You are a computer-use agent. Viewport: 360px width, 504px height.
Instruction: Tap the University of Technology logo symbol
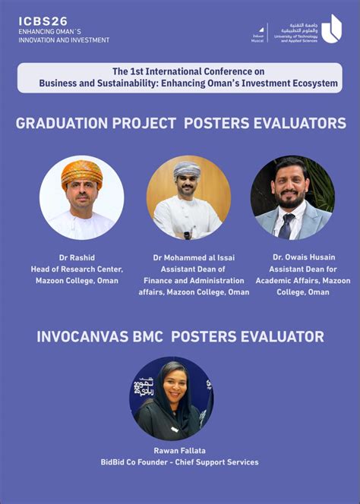pyautogui.click(x=331, y=29)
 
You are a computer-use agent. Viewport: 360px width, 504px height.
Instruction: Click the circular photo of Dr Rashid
pyautogui.click(x=81, y=198)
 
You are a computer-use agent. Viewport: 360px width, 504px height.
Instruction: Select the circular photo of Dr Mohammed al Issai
pyautogui.click(x=188, y=197)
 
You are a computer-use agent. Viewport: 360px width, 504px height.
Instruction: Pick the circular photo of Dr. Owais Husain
pyautogui.click(x=292, y=198)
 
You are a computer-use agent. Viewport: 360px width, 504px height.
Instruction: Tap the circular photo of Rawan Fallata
pyautogui.click(x=172, y=398)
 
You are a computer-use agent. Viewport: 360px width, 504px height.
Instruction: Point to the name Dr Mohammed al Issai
pyautogui.click(x=194, y=257)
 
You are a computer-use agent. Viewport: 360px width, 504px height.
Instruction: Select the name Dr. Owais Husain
pyautogui.click(x=303, y=257)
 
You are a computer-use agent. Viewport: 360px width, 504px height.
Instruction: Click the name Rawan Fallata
pyautogui.click(x=179, y=451)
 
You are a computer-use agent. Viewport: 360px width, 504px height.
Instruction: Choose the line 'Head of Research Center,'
pyautogui.click(x=77, y=269)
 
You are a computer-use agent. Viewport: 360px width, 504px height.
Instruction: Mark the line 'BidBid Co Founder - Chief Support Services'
pyautogui.click(x=179, y=462)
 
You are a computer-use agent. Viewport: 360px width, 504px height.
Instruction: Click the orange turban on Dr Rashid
pyautogui.click(x=81, y=172)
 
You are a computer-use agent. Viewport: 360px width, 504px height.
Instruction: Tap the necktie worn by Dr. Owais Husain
pyautogui.click(x=287, y=225)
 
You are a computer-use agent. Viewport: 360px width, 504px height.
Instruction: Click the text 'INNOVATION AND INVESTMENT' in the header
pyautogui.click(x=64, y=39)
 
